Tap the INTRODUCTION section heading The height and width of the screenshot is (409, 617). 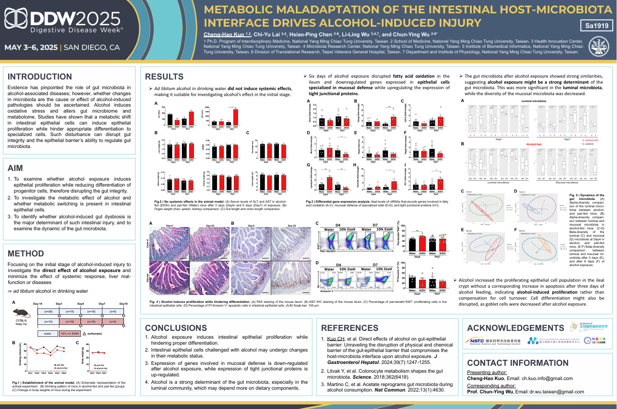click(x=40, y=77)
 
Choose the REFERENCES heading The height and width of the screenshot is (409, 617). click(x=350, y=328)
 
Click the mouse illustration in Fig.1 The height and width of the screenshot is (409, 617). click(x=23, y=313)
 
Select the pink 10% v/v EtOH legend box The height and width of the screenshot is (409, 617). click(x=70, y=333)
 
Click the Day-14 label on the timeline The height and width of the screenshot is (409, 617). click(x=38, y=304)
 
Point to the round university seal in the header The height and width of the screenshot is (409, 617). click(x=600, y=47)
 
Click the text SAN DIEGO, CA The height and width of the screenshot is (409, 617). click(x=92, y=47)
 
